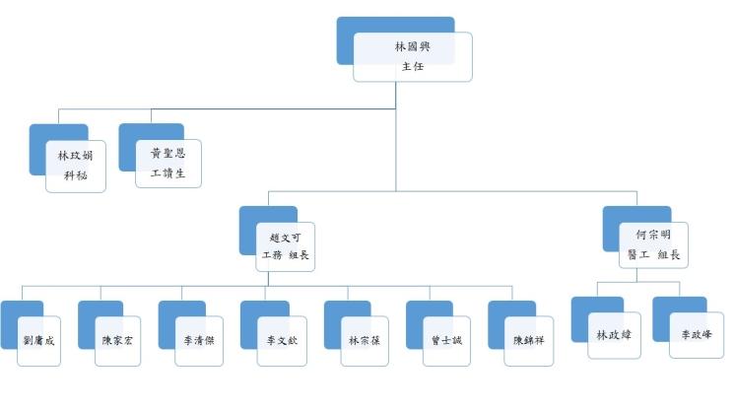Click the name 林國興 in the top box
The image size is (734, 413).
413,46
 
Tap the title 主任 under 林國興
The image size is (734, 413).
413,66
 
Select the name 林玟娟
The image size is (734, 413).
75,156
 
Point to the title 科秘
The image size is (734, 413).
75,175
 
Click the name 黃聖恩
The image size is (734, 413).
168,153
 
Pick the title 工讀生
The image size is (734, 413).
168,173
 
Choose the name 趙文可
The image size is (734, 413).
285,238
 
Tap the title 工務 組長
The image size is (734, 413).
285,255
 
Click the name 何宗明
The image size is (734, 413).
653,235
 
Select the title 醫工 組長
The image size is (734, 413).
653,254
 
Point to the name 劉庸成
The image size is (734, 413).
38,340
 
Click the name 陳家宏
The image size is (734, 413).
117,340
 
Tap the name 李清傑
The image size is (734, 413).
199,340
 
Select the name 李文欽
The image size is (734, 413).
282,340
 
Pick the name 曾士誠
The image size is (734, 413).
446,340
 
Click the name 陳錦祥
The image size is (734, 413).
528,340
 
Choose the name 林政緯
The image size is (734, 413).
614,335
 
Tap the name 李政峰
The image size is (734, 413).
697,334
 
